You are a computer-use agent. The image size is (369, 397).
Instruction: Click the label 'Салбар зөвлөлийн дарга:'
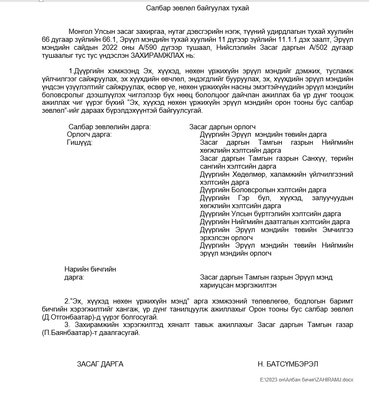[x=109, y=127]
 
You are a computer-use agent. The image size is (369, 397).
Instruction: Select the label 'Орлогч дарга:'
[x=89, y=135]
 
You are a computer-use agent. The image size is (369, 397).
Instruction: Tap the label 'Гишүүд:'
[x=80, y=142]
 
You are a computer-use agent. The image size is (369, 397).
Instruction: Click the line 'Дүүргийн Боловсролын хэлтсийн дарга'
[x=263, y=190]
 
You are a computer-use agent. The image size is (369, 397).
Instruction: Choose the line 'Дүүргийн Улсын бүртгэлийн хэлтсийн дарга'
[x=270, y=214]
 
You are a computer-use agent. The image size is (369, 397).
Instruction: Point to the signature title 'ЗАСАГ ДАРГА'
[x=100, y=364]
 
